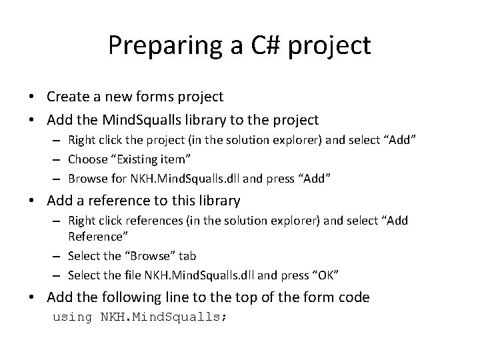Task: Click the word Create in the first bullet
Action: [x=66, y=97]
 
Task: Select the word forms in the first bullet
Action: [x=150, y=97]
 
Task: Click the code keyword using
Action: [x=73, y=317]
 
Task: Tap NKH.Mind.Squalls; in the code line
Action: [x=163, y=317]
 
